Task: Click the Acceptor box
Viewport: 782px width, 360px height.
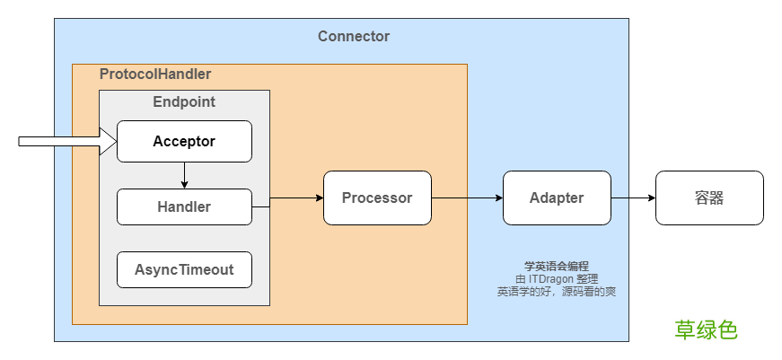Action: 185,141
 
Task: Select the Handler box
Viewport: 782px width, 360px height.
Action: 185,206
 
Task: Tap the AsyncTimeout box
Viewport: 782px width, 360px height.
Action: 185,269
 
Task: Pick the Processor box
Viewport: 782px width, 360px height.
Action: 378,198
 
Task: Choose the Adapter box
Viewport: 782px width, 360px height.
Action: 557,198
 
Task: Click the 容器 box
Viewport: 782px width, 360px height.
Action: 709,198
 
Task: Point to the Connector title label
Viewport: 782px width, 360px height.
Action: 354,37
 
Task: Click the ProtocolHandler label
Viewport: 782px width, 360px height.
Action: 155,75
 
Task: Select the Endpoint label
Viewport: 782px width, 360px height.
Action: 184,101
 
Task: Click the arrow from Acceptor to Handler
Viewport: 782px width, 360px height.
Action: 185,176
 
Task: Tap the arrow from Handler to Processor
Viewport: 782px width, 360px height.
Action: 288,198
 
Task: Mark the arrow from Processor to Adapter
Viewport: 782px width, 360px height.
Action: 467,198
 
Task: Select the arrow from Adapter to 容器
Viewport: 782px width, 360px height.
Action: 633,198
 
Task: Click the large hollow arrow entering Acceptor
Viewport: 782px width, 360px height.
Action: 67,142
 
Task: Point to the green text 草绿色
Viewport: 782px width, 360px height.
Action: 707,330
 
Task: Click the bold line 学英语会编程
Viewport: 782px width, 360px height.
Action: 557,267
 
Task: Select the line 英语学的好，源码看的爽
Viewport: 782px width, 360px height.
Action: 557,292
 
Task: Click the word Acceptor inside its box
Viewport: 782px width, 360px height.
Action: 184,142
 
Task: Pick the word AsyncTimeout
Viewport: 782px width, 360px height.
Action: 184,269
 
